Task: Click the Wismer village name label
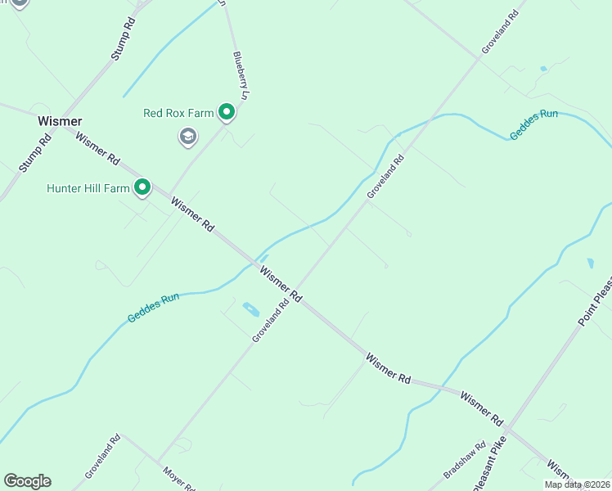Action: pos(60,121)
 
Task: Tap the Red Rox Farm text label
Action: pos(178,113)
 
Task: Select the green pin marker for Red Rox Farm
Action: pos(227,112)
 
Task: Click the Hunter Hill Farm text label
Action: pos(88,188)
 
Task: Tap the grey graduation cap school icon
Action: pos(188,137)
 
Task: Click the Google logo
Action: pos(27,481)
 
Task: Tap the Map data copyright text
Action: pos(577,484)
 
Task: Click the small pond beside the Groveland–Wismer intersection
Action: pos(251,309)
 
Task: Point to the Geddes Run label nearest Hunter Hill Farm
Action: pos(153,307)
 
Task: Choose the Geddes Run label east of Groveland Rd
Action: pos(533,124)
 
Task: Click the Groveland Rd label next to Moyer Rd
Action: pos(102,457)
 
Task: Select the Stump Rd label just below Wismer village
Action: pos(35,152)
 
